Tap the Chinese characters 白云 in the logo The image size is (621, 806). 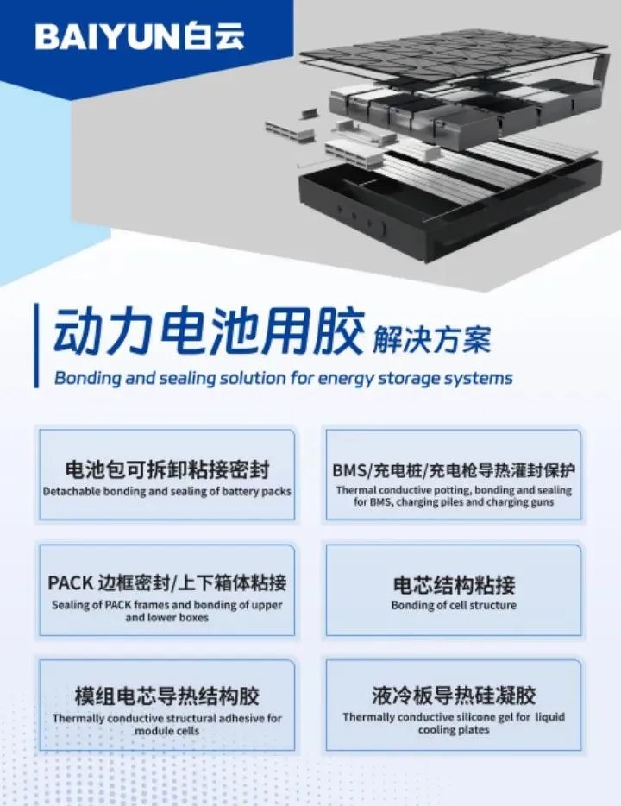(x=215, y=36)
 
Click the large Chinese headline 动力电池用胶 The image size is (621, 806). (x=209, y=331)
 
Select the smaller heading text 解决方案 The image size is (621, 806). (x=431, y=339)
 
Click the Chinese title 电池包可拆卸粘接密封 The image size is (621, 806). (x=167, y=469)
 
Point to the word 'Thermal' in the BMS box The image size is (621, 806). (x=356, y=490)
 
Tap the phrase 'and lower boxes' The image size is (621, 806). (x=167, y=617)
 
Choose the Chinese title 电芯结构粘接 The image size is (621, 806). (x=454, y=585)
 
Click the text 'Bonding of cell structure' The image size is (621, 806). (x=454, y=605)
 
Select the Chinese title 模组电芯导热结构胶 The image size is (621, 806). (x=167, y=696)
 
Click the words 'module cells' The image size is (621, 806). (x=167, y=730)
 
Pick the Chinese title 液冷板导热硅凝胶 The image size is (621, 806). (x=454, y=696)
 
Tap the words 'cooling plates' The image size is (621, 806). (x=454, y=729)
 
